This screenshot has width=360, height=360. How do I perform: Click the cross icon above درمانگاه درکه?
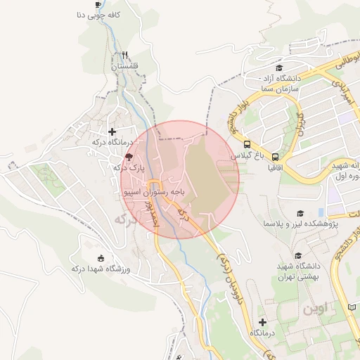[111, 131]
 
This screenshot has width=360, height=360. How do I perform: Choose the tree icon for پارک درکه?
[128, 157]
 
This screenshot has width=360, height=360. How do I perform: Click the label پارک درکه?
[128, 169]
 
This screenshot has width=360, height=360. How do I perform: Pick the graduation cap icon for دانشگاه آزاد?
[279, 68]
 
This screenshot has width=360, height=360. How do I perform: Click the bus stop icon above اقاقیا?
[275, 157]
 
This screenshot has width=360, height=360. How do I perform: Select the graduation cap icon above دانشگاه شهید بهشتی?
[298, 256]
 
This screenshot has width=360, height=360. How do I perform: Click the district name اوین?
[314, 308]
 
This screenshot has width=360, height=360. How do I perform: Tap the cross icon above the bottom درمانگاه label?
[262, 322]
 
